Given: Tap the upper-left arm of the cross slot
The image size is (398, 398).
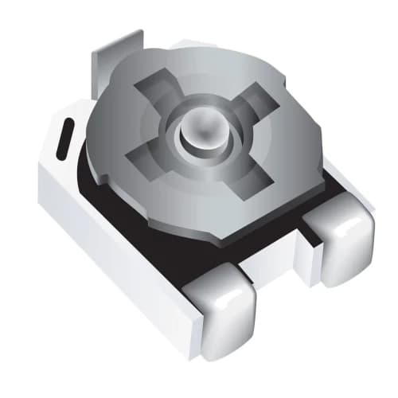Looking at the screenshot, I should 157,90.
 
